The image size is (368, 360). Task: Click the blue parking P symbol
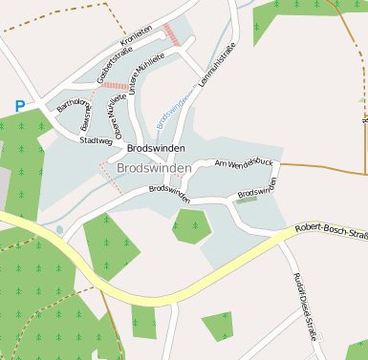(20, 106)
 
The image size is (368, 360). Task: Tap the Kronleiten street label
(137, 36)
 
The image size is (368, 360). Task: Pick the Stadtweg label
(97, 140)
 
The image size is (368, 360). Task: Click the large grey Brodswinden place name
(153, 168)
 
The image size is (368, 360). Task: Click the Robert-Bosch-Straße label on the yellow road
(331, 229)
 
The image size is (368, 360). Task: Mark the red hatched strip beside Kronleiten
(172, 34)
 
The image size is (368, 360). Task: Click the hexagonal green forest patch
(192, 225)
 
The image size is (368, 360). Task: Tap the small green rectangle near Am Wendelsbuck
(247, 201)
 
